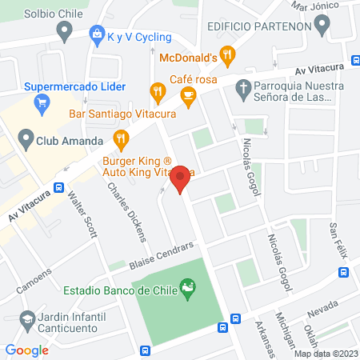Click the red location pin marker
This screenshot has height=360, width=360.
(x=181, y=178)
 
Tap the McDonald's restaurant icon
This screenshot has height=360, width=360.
(x=228, y=54)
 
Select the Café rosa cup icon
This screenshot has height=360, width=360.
(x=188, y=97)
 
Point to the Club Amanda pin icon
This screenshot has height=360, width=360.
(x=24, y=141)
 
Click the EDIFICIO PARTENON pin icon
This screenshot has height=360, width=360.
(x=322, y=26)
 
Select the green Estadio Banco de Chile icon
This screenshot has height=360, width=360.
(x=189, y=288)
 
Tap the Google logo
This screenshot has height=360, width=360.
(x=26, y=350)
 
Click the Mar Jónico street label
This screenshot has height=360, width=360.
(x=311, y=6)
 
